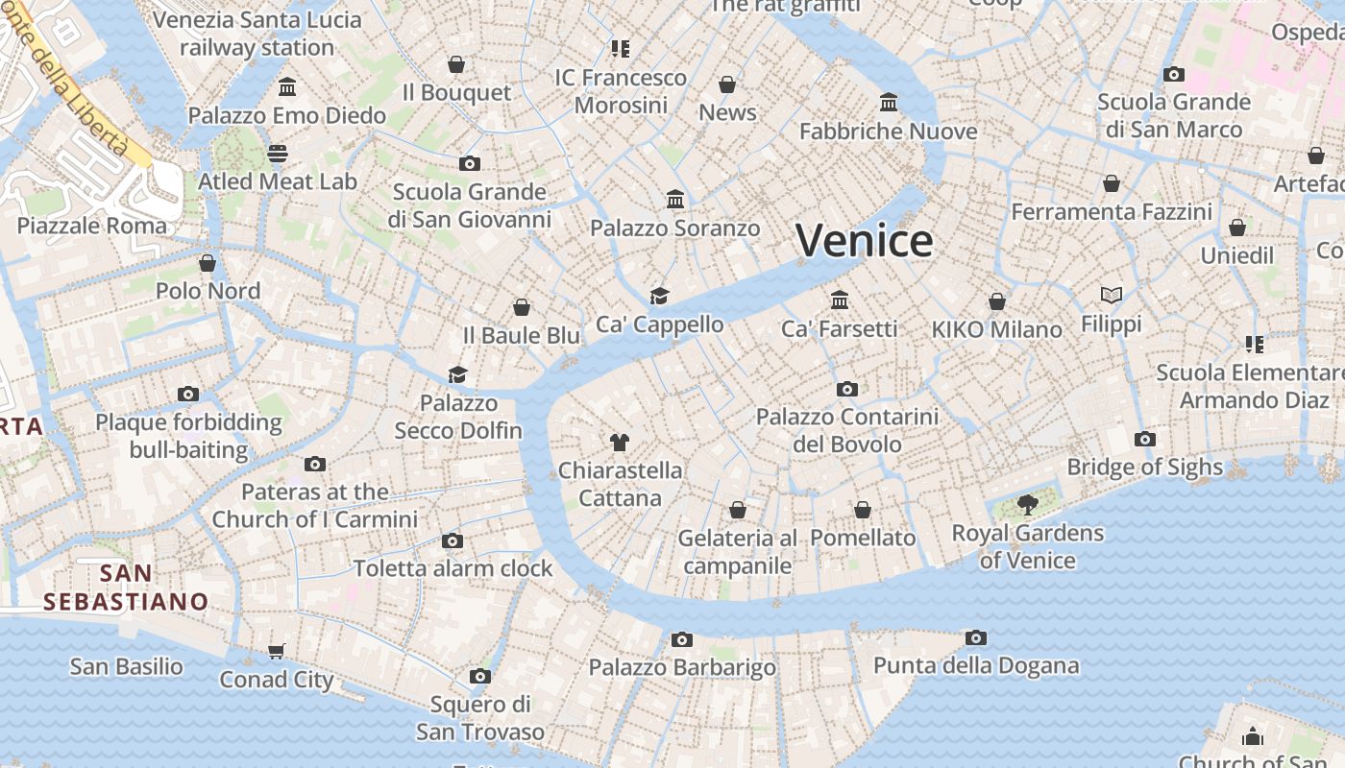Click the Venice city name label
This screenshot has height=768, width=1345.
tap(864, 240)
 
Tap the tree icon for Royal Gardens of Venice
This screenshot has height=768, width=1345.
tap(1027, 504)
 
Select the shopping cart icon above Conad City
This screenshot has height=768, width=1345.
tap(277, 652)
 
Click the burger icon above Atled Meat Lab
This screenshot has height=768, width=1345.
tap(278, 154)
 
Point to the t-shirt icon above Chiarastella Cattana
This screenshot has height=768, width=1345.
tap(620, 443)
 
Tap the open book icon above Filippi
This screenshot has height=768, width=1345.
tap(1112, 296)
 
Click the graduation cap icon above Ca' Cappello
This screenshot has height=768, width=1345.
tap(659, 296)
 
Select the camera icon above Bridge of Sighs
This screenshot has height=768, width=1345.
tap(1144, 440)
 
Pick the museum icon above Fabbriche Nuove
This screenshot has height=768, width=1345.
tap(889, 103)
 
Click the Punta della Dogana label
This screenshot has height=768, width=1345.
tap(975, 665)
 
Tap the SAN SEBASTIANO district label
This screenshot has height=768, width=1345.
tap(126, 588)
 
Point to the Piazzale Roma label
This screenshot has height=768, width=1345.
tap(92, 226)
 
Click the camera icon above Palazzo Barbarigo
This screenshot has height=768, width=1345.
tap(682, 639)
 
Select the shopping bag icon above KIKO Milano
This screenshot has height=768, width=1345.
tap(997, 301)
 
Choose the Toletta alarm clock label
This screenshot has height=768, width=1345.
tap(452, 568)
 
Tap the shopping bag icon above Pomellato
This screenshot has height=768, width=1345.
tap(863, 510)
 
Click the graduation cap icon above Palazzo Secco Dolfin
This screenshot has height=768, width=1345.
tap(458, 374)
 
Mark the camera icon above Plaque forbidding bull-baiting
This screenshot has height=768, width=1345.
tap(188, 394)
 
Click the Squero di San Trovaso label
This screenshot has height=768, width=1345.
tap(479, 718)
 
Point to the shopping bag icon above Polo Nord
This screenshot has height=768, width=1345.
tap(208, 263)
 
